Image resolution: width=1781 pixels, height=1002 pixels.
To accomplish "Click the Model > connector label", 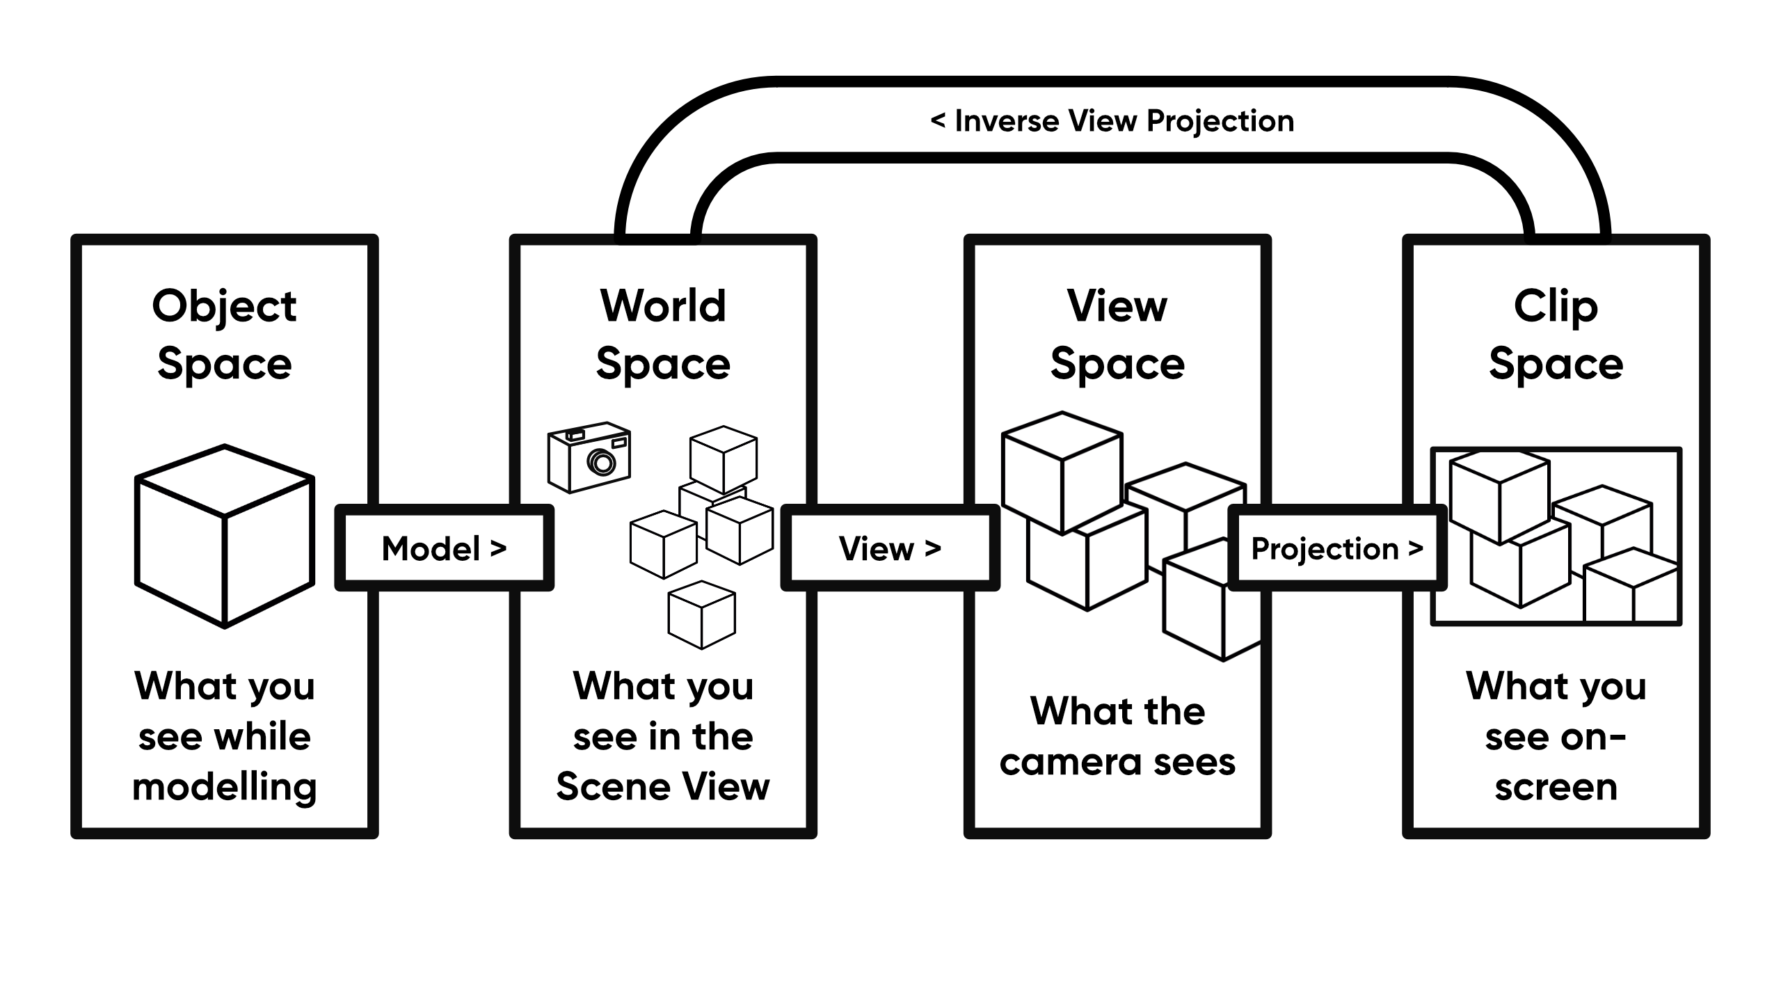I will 444,548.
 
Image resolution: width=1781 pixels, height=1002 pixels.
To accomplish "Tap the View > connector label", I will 890,548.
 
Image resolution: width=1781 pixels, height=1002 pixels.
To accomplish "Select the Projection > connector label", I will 1336,548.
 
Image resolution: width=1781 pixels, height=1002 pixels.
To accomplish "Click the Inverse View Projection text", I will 1112,121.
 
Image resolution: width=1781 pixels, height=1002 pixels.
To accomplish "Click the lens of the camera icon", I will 601,461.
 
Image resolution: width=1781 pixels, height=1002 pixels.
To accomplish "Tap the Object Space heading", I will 224,334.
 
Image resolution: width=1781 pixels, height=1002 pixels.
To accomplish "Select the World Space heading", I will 663,334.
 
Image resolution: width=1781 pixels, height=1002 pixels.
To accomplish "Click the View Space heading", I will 1117,334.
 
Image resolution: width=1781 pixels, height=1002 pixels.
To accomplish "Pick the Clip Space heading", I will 1556,334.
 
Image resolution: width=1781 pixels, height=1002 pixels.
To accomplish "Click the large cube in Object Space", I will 224,536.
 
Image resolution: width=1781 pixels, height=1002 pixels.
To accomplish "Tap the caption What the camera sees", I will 1117,736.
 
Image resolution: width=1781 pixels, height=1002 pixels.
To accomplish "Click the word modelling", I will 224,787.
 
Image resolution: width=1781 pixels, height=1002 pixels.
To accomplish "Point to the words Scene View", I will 663,787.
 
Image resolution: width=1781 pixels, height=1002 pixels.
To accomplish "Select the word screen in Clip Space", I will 1556,787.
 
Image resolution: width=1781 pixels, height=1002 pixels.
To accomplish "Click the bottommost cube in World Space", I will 701,614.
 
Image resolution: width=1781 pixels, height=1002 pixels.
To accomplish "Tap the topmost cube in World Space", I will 724,459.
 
